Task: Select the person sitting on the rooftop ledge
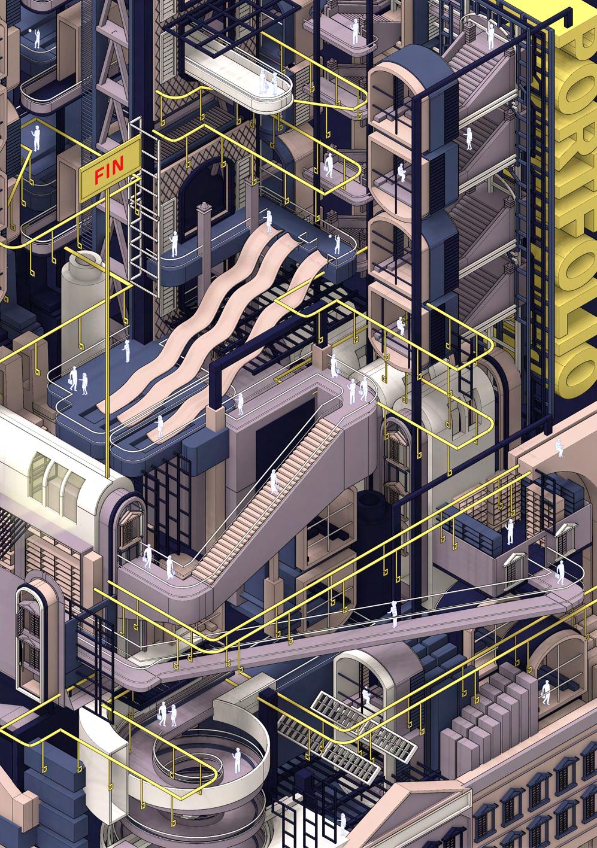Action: (x=559, y=448)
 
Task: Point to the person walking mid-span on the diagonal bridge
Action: (x=394, y=614)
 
